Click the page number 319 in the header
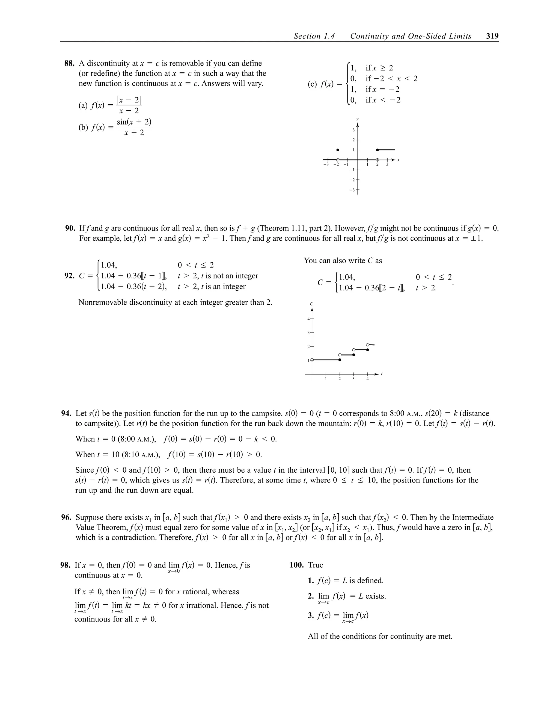click(x=492, y=36)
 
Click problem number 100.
click(x=296, y=565)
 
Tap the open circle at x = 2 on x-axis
click(x=377, y=160)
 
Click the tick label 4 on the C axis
click(x=308, y=319)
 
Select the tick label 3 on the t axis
click(x=353, y=379)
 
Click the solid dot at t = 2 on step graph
click(x=340, y=360)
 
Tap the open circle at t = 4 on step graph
click(x=368, y=345)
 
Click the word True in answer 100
click(x=316, y=565)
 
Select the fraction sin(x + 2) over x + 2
click(x=134, y=127)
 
